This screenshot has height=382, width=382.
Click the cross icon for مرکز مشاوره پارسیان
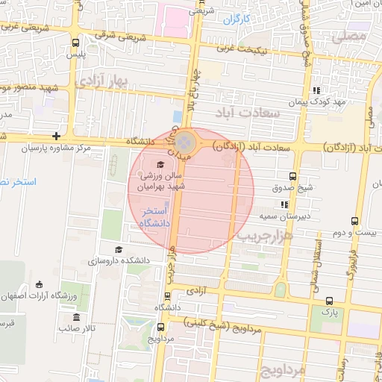pyautogui.click(x=57, y=137)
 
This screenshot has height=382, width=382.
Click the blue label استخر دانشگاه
pyautogui.click(x=156, y=218)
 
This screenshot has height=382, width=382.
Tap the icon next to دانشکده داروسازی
pyautogui.click(x=118, y=250)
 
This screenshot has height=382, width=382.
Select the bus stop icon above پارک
pyautogui.click(x=329, y=301)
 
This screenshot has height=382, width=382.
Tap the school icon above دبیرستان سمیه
pyautogui.click(x=284, y=204)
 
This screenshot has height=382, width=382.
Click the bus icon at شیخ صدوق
pyautogui.click(x=292, y=178)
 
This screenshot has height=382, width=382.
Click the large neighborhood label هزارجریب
pyautogui.click(x=266, y=235)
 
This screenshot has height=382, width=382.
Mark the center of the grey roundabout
pyautogui.click(x=190, y=141)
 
